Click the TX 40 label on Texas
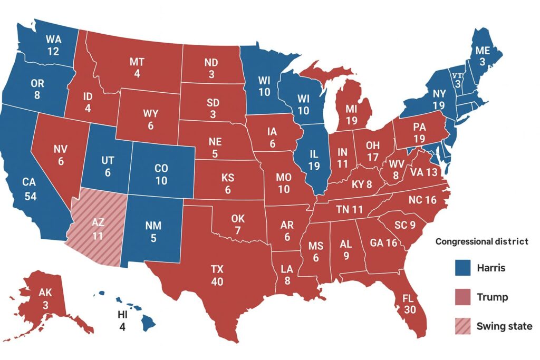click(x=217, y=275)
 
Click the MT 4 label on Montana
click(x=137, y=68)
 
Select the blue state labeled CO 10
click(x=161, y=174)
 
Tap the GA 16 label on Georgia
click(x=383, y=242)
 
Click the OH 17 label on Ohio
click(x=373, y=150)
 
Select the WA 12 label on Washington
click(x=53, y=46)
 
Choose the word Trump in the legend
click(x=492, y=297)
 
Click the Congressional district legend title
click(x=481, y=242)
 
